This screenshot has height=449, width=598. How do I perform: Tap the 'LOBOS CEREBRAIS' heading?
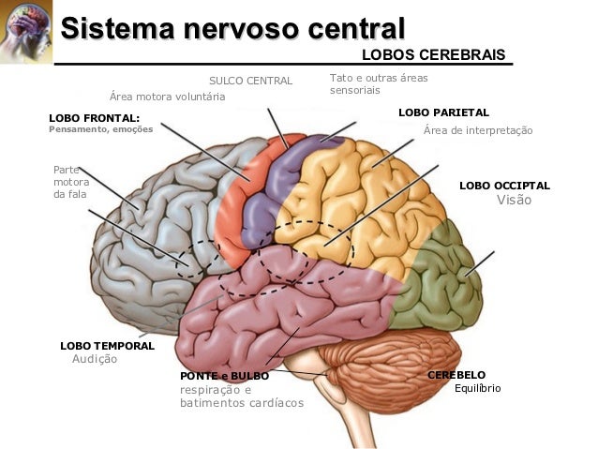[x=433, y=55]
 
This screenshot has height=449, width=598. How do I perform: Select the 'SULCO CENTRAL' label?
[x=250, y=80]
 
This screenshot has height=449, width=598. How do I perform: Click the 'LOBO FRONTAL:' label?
[x=93, y=117]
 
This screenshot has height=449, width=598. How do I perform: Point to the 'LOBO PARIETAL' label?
[x=443, y=112]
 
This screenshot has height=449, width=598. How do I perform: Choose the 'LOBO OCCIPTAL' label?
[x=504, y=186]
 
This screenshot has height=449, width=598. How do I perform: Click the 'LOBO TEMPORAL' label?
[x=107, y=345]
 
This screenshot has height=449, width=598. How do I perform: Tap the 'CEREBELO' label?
[x=456, y=374]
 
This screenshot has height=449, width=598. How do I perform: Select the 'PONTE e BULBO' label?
[x=224, y=375]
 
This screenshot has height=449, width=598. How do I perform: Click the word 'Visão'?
[x=514, y=200]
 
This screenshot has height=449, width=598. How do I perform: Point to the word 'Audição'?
[x=95, y=359]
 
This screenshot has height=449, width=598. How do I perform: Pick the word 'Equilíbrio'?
[x=478, y=387]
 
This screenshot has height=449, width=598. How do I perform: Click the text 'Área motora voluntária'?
[x=167, y=96]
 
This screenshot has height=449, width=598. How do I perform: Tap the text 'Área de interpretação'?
[x=478, y=130]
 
